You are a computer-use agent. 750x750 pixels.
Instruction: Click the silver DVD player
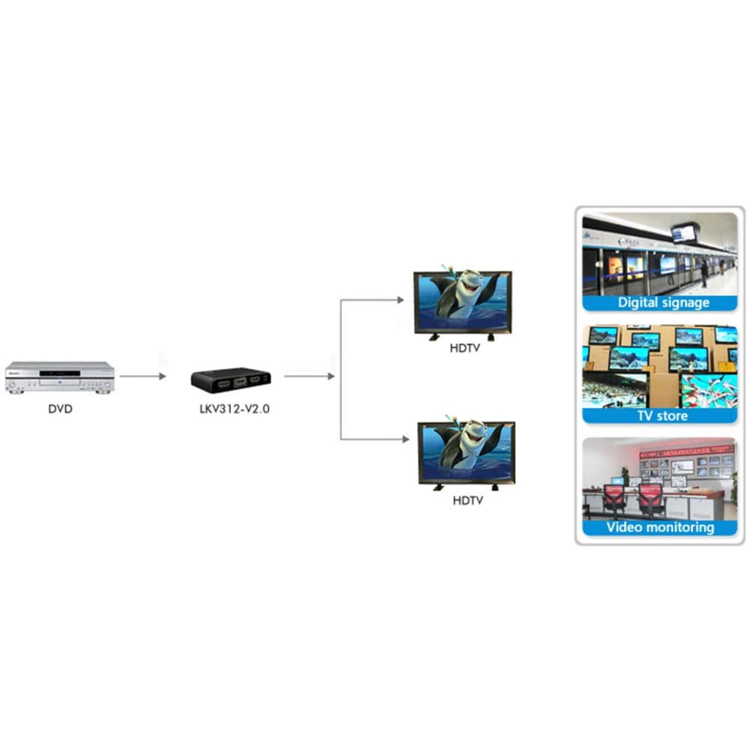tap(60, 377)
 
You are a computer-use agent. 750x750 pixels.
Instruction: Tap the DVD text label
tap(60, 409)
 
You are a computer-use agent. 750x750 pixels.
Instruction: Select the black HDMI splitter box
tap(230, 380)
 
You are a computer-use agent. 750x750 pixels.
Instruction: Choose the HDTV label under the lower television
tap(467, 499)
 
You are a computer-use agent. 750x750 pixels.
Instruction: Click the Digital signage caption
tap(663, 303)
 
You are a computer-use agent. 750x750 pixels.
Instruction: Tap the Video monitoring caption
tap(660, 527)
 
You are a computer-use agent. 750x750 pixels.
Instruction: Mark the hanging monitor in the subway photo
tap(685, 232)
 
